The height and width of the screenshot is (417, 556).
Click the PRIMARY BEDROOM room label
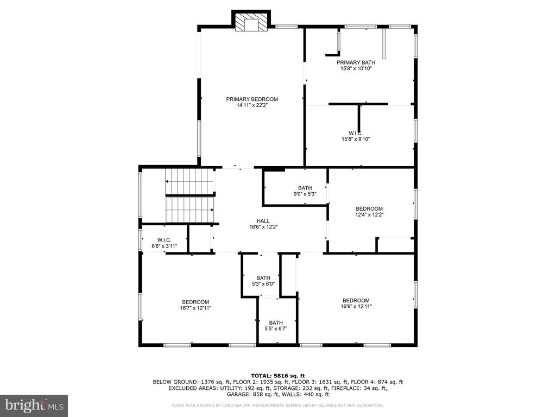252,99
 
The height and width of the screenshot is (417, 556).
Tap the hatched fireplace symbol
251,23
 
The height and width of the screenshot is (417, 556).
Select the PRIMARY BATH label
356,62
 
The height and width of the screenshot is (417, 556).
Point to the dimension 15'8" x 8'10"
356,140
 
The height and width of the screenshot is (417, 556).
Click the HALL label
263,221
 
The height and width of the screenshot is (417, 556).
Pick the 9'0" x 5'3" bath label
305,191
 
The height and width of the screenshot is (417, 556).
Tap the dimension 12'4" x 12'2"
369,214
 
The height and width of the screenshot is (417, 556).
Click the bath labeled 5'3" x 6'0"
263,281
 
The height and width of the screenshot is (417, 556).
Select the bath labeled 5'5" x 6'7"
276,326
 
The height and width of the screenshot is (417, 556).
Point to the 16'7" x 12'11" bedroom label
195,305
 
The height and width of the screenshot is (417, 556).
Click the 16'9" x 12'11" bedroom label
356,303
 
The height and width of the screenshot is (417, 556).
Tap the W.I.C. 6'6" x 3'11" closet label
164,243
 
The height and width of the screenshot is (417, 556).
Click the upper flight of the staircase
190,181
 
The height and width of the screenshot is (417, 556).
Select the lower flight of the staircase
190,210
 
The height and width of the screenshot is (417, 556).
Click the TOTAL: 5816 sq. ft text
278,376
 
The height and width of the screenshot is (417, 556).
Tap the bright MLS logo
34,405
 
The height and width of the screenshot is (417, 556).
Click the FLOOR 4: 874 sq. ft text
377,382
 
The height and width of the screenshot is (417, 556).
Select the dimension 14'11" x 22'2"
252,105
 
